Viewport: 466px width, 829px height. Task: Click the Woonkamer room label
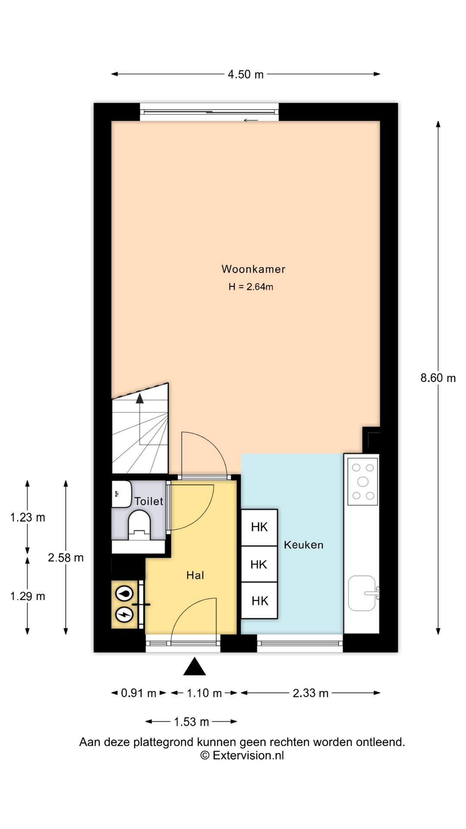253,269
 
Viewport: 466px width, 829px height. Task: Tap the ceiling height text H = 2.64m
251,287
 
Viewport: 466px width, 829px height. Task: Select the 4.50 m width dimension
246,74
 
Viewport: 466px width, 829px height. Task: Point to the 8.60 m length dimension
438,378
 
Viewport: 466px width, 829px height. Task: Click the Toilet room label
149,501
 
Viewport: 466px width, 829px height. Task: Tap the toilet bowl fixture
139,525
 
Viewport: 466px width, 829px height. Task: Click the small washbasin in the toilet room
121,494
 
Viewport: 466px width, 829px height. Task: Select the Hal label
195,575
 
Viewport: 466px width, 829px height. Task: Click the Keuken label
304,545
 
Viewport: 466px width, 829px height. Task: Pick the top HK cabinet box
259,527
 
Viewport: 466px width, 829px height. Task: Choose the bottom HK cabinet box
259,601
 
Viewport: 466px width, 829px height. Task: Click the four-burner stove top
363,481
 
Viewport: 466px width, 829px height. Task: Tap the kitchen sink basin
362,593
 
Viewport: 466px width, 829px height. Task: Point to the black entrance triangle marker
195,666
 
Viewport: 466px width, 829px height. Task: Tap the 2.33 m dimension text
311,693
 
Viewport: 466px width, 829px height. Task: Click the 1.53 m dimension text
192,721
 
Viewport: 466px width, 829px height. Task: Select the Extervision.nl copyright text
242,755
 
